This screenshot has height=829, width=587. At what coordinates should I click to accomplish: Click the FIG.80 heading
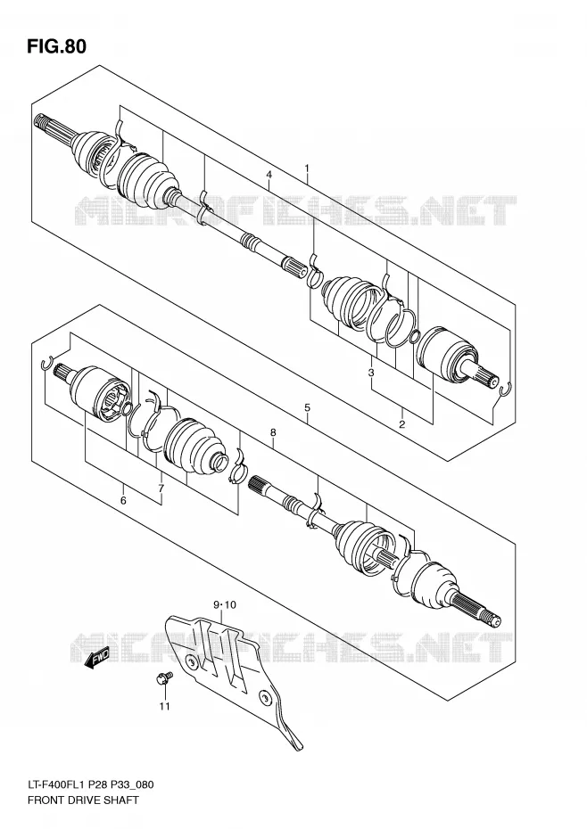pos(56,46)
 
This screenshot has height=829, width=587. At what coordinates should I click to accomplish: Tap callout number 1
pos(307,168)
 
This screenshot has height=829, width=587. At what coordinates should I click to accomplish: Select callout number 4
pos(269,175)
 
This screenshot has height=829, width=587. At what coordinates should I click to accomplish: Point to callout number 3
pos(371,373)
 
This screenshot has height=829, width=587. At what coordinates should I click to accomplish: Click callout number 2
pos(401,424)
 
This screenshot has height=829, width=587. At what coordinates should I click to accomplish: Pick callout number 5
pos(307,407)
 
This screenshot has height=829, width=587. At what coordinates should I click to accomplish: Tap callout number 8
pos(273,432)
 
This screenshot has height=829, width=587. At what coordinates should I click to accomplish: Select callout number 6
pos(123,500)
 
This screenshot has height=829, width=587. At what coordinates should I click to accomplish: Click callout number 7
pos(161,488)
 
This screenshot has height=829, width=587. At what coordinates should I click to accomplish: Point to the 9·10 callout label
pos(225,604)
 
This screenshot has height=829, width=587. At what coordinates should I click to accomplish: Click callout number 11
pos(165,706)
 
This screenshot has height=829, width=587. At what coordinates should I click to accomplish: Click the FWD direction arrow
pos(97,658)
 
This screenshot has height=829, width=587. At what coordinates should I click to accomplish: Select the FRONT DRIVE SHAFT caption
pos(83,800)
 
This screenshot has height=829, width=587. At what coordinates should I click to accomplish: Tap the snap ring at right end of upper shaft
pos(505,389)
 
